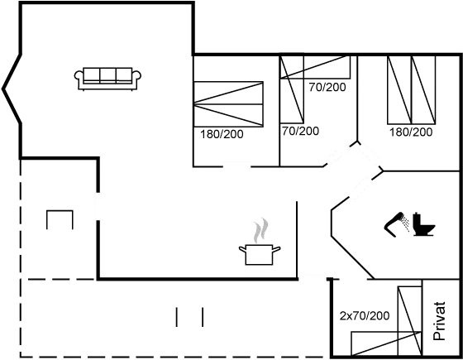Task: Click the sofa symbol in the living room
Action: pos(107,77)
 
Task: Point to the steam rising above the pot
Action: pos(261,227)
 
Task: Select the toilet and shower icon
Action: pos(411,224)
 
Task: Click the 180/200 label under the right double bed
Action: pos(410,132)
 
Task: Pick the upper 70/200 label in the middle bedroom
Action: pos(326,87)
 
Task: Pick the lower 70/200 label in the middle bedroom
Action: pos(300,131)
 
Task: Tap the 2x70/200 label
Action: pos(365,316)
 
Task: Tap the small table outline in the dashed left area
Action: pos(60,218)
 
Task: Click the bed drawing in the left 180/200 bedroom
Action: pos(229,103)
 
